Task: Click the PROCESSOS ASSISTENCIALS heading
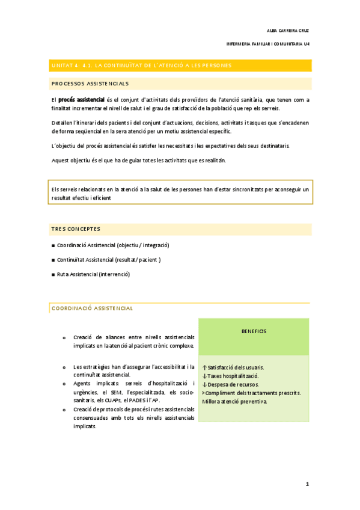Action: click(90, 84)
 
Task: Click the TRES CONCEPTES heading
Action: click(76, 229)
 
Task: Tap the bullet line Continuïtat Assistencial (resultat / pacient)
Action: click(109, 260)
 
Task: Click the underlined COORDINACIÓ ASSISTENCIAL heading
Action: click(92, 308)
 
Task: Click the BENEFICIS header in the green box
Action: click(254, 331)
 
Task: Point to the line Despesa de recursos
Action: click(232, 384)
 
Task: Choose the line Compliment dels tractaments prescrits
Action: click(251, 393)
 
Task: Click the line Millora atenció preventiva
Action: click(234, 401)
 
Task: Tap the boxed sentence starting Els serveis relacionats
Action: click(180, 193)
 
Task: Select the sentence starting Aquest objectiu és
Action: click(139, 160)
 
